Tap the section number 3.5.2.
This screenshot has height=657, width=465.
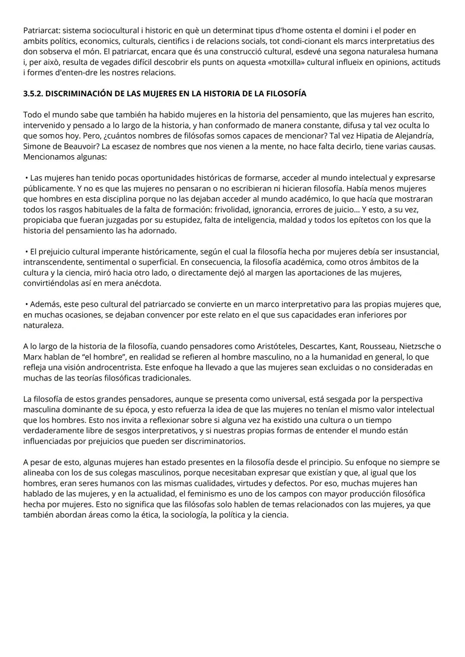click(33, 94)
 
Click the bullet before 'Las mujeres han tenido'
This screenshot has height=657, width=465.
click(27, 178)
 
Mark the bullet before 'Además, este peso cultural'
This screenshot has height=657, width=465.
click(27, 304)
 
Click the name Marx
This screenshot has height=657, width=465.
click(32, 357)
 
